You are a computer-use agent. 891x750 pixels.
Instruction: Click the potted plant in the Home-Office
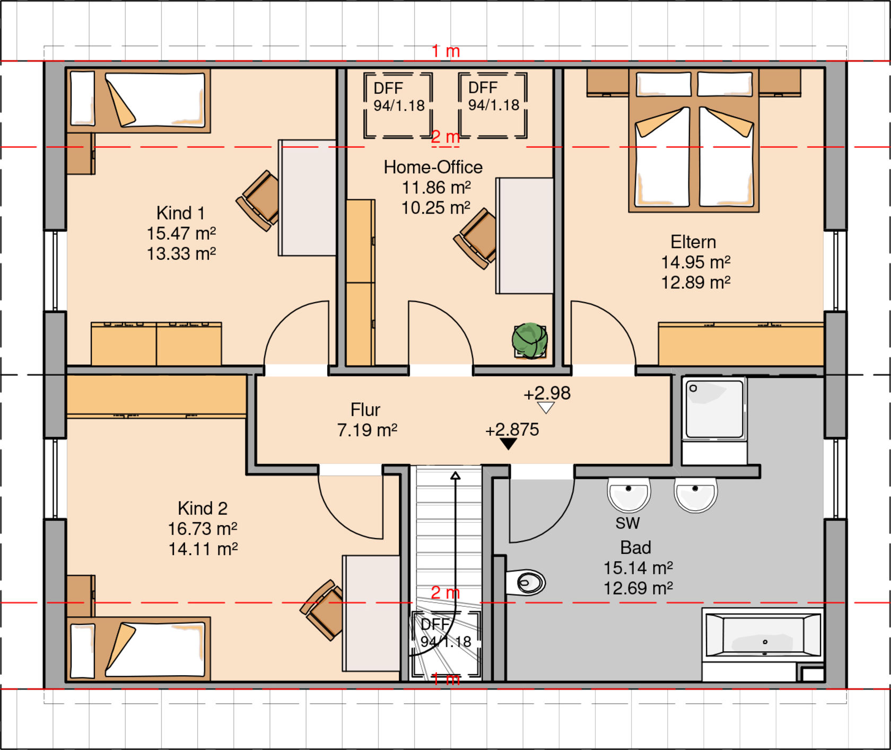coord(530,341)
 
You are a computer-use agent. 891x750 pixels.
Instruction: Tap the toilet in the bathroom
coord(526,583)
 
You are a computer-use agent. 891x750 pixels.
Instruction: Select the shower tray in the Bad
coord(714,409)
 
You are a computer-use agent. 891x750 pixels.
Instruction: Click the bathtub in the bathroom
coord(763,634)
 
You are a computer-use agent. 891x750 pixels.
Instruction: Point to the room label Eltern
coord(693,242)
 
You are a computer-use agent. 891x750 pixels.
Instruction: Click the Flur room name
coord(365,410)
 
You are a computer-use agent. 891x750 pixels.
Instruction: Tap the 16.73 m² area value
coord(203,529)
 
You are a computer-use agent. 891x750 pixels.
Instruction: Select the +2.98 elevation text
coord(547,393)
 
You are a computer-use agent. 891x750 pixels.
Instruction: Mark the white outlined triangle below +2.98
coord(546,408)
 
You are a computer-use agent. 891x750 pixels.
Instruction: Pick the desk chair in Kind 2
coord(322,610)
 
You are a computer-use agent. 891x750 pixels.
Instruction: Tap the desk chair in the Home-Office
coord(476,238)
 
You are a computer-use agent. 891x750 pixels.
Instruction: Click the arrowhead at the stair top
coord(455,475)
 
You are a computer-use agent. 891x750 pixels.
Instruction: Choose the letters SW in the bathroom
coord(628,524)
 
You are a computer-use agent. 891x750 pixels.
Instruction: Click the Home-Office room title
coord(433,167)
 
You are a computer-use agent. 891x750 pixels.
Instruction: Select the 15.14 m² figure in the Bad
coord(638,568)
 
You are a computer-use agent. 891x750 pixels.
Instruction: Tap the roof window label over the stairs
coord(445,633)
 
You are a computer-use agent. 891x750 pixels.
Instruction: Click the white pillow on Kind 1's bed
coord(83,99)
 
